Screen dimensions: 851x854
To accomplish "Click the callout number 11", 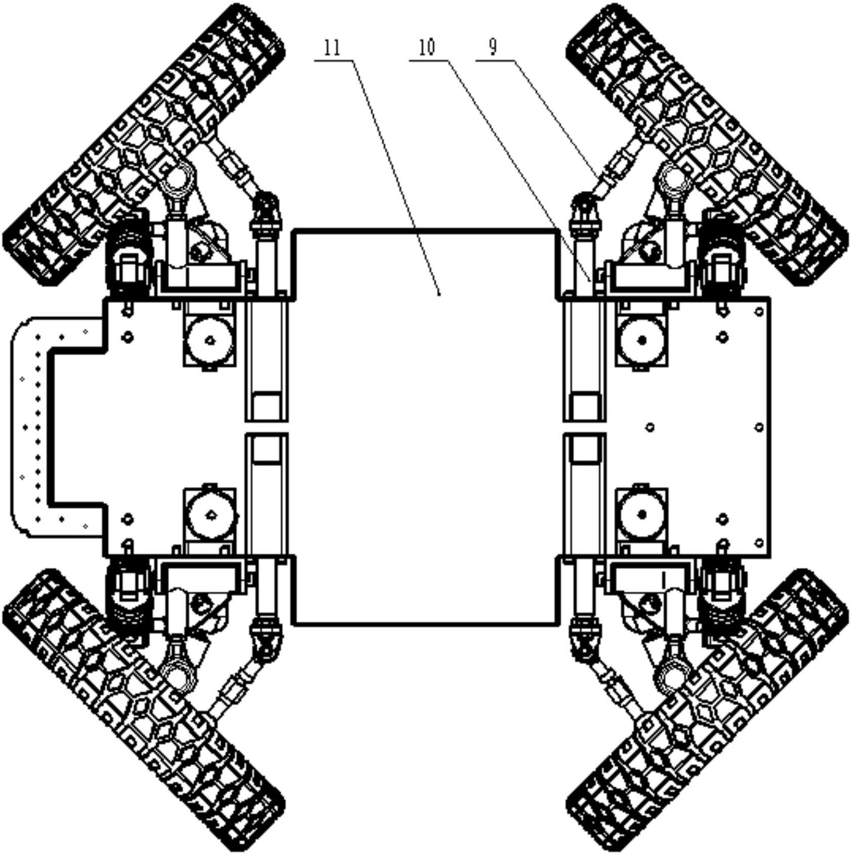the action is pos(332,48).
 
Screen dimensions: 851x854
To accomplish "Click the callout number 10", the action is pos(427,48).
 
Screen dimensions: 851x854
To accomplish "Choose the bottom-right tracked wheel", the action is pos(707,709).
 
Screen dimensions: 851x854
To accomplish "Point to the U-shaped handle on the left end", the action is pos(30,427).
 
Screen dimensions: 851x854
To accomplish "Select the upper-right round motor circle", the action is pos(642,340).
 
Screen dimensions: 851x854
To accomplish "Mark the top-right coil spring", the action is pos(723,253).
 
